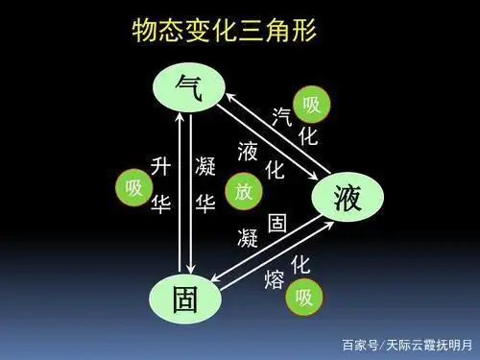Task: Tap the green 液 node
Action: point(345,198)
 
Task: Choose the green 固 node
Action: point(187,298)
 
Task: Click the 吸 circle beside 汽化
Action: point(312,104)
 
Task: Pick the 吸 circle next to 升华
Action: point(133,187)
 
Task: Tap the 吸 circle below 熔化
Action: point(304,297)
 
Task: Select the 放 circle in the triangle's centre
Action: point(244,191)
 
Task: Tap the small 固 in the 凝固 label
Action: point(277,223)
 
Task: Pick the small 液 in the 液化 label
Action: point(248,151)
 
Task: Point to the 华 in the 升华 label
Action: point(161,204)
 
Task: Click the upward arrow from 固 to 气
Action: point(176,192)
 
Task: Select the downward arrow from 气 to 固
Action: point(193,192)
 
